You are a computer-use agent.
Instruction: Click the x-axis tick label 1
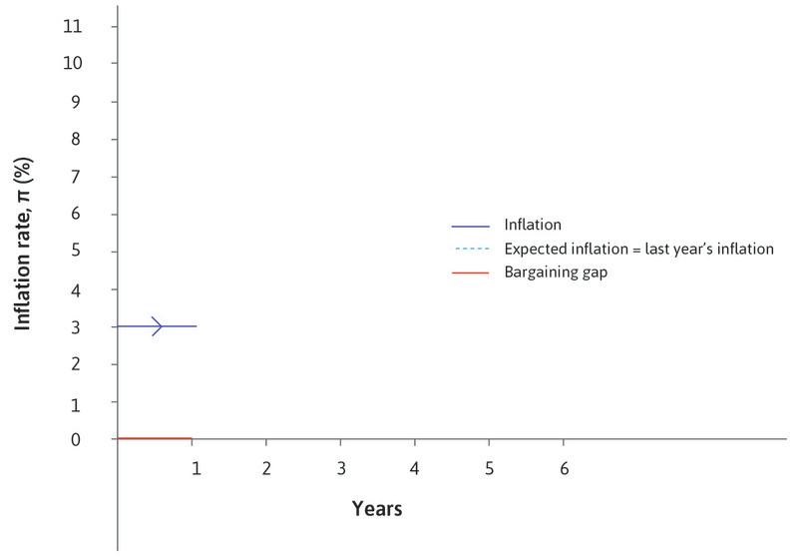point(197,468)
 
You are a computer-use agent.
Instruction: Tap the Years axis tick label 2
point(266,468)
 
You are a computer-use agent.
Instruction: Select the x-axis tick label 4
point(414,468)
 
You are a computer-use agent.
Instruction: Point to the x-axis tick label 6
point(564,468)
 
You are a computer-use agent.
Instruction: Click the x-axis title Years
point(377,509)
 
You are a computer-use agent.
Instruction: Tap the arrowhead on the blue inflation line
point(157,326)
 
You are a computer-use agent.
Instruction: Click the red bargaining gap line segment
point(155,438)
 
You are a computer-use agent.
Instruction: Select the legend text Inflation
point(534,226)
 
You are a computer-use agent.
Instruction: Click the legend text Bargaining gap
point(557,273)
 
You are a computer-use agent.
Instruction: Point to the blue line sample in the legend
point(471,226)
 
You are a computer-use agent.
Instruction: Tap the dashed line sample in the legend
point(471,250)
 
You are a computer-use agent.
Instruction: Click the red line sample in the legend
point(471,273)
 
